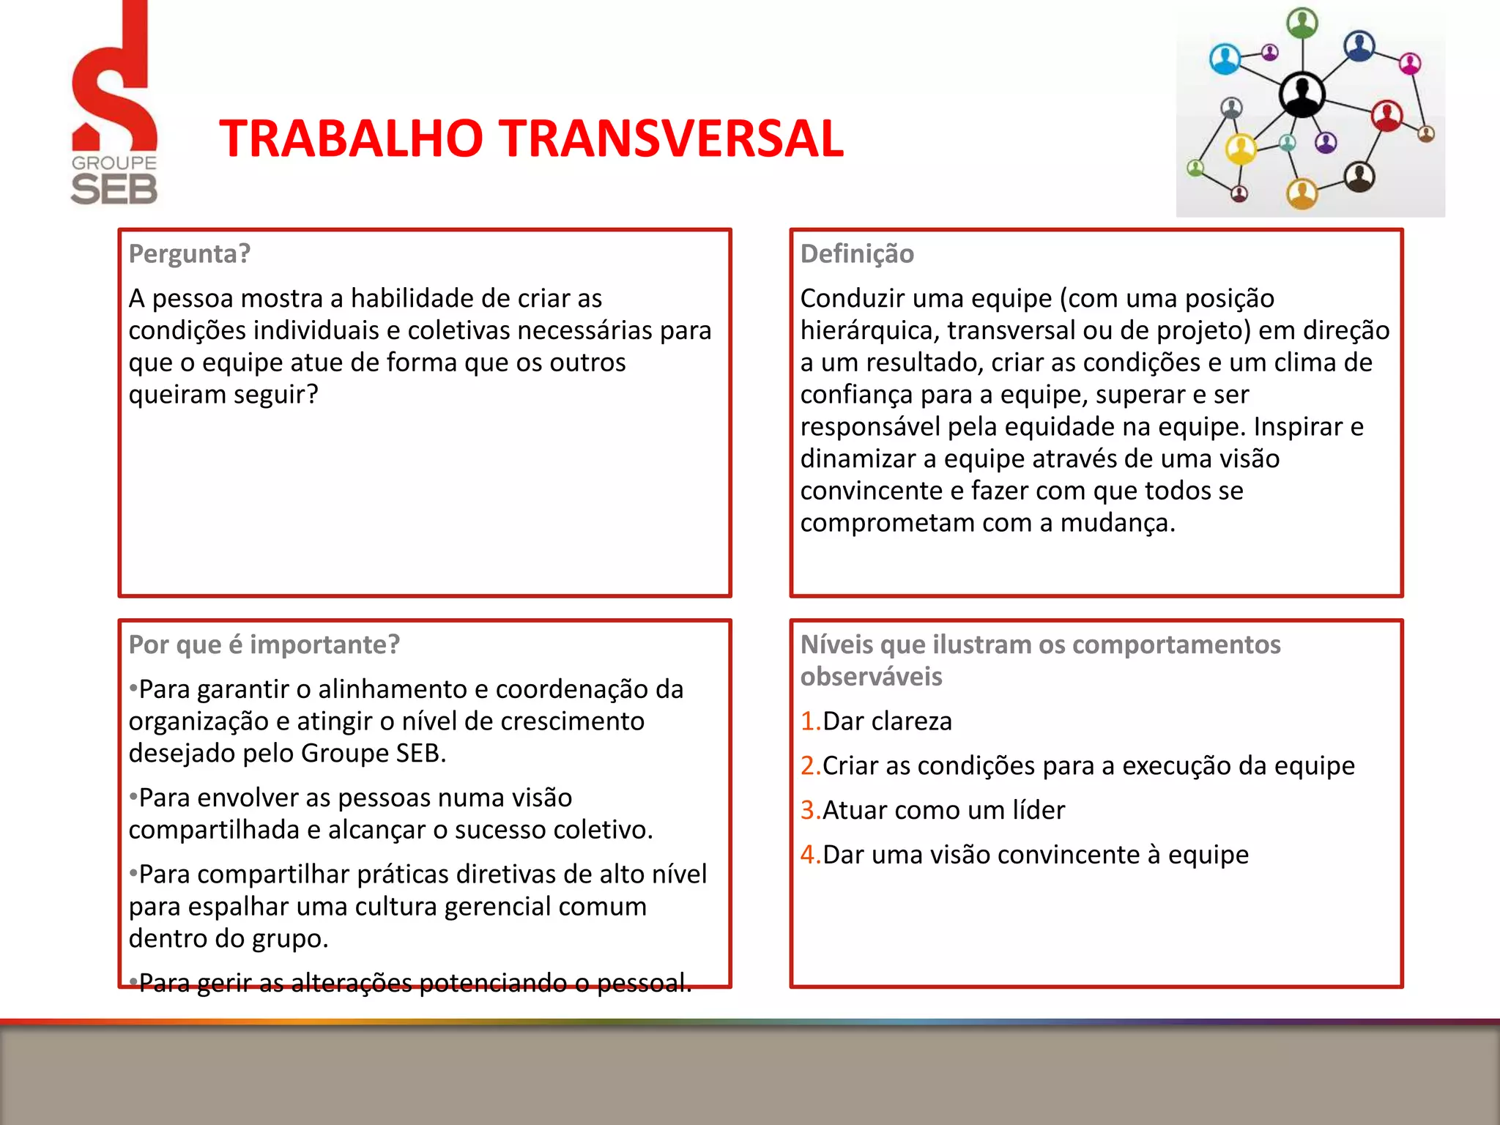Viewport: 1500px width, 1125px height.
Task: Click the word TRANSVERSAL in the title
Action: coord(673,138)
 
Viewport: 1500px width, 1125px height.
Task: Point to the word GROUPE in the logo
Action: coord(114,163)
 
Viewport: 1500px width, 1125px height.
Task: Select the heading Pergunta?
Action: coord(190,253)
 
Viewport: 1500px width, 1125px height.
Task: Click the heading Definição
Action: coord(857,253)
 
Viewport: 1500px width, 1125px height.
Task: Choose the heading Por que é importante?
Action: coord(264,644)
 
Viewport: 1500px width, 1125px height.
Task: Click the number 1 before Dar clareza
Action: coord(809,721)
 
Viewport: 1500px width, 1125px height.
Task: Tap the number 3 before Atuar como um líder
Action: coord(809,810)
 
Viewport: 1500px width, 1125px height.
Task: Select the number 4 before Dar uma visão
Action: coord(809,855)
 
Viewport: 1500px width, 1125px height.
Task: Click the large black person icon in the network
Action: coord(1302,94)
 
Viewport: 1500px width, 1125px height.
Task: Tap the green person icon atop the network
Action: coord(1302,23)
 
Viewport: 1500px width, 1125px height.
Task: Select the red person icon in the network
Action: coord(1386,115)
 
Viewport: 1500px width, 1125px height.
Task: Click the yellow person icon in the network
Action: coord(1241,149)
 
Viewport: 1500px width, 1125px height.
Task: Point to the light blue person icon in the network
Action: coord(1225,59)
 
